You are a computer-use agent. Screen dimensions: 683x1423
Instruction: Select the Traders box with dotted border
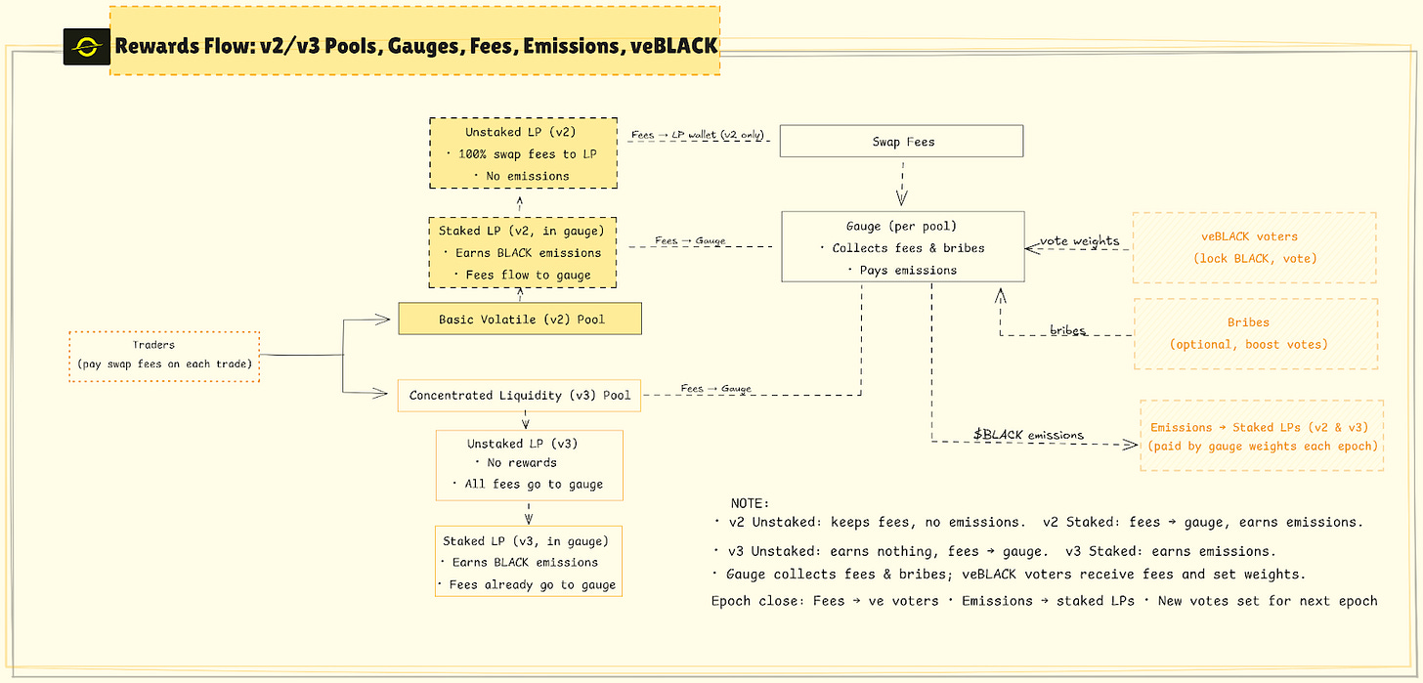164,357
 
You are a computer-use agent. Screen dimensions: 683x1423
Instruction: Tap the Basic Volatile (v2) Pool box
520,319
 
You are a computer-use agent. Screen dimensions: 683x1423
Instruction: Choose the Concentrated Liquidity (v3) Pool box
520,396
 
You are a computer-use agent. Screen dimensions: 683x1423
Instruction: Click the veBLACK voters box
1255,248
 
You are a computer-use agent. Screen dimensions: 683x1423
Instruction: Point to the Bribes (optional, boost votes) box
1255,333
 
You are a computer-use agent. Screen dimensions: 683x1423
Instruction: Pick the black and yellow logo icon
86,46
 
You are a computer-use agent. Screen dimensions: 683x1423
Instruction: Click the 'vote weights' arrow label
1079,241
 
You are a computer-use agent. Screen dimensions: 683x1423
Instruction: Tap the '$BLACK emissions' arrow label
1028,434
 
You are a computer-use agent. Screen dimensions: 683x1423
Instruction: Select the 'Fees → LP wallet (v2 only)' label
698,134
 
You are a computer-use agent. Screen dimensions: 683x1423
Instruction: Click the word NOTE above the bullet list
750,502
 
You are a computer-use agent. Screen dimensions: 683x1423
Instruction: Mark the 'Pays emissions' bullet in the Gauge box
902,270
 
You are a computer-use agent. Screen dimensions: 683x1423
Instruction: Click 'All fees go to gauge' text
529,484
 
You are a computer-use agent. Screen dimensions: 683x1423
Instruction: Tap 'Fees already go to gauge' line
529,584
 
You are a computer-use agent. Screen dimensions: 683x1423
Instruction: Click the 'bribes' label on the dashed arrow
1067,330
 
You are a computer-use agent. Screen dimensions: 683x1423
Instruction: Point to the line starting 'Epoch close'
1044,601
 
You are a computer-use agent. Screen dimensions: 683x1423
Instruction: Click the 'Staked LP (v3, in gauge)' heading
526,540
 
